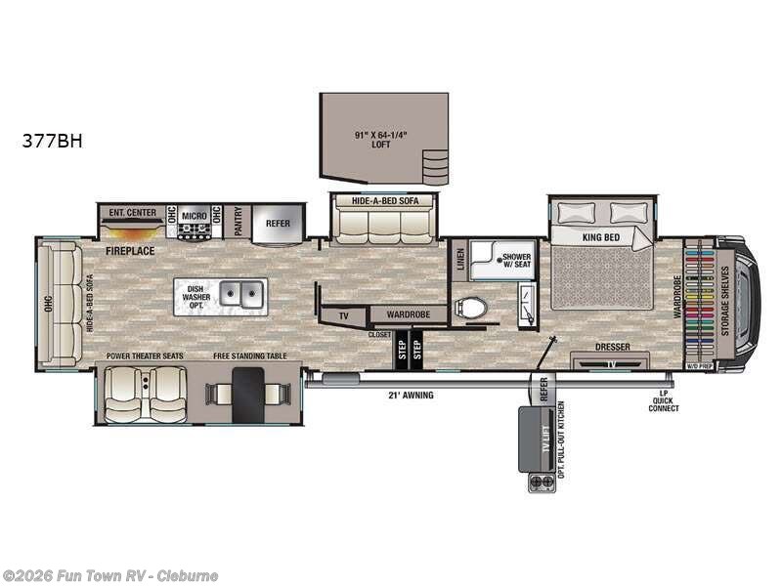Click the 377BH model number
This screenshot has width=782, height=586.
pos(53,141)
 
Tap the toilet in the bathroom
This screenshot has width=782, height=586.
pos(472,309)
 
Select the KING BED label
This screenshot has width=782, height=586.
pos(602,236)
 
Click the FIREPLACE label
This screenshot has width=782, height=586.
pos(131,251)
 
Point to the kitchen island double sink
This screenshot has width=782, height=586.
pos(241,292)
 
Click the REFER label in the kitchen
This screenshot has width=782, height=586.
pos(278,224)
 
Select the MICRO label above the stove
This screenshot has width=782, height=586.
pos(193,213)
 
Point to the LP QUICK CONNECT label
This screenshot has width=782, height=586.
pos(663,400)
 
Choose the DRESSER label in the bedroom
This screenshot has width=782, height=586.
pos(613,347)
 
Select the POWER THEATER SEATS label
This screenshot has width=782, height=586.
pos(145,356)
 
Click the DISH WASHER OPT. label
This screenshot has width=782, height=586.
pos(195,296)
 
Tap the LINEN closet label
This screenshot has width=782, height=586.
pos(460,259)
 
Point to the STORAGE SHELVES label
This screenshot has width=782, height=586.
pos(724,300)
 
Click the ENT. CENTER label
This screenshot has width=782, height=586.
pos(132,212)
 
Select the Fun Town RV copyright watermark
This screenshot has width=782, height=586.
pos(110,575)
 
